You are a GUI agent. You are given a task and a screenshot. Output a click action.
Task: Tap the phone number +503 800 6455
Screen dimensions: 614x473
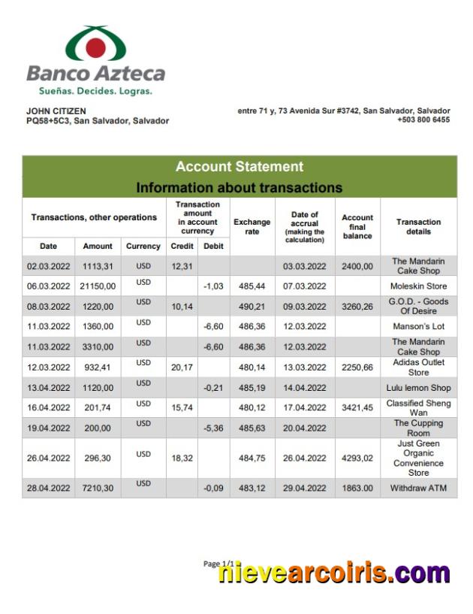[423, 119]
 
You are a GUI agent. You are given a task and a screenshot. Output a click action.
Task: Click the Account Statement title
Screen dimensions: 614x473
[239, 167]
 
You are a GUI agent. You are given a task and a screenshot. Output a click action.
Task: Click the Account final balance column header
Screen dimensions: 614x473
[357, 226]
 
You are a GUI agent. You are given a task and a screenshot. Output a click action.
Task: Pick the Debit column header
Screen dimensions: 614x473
[213, 246]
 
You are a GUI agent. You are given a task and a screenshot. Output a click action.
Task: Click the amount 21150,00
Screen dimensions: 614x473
[98, 286]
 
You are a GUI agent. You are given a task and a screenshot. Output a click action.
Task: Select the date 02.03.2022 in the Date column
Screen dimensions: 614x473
[48, 266]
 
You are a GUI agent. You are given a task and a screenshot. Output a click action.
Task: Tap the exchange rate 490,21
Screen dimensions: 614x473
[252, 307]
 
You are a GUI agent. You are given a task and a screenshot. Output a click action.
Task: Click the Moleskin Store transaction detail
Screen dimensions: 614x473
[418, 286]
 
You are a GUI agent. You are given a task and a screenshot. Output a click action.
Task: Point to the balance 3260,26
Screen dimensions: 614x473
[357, 307]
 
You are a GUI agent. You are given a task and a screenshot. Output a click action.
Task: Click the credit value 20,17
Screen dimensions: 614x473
[182, 367]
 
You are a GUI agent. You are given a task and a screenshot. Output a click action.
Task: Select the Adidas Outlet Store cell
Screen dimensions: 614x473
[418, 367]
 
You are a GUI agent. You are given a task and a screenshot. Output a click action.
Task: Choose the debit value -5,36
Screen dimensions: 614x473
[213, 428]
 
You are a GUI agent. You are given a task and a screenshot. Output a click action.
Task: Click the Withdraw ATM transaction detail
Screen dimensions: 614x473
[418, 488]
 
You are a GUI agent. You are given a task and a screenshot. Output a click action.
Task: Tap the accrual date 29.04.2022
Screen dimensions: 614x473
[304, 488]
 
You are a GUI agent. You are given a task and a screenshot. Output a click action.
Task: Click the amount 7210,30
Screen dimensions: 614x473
[98, 488]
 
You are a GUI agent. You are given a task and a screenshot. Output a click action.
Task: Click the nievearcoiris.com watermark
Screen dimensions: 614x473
[334, 573]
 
